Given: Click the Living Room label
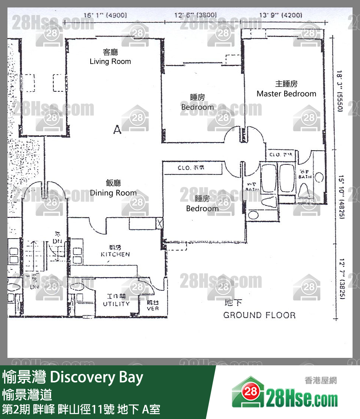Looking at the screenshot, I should coord(110,61).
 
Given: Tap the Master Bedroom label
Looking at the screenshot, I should coord(286,94).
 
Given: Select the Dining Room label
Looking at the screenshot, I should coord(113,193).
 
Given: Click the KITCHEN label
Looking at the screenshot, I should coord(115,254).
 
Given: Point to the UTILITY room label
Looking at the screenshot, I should coord(116,303).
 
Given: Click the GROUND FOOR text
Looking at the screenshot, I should coord(259,315).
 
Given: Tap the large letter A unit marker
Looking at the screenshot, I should coord(118,130).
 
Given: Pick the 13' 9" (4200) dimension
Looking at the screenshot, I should coord(280,15).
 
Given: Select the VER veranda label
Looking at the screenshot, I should coord(153,309).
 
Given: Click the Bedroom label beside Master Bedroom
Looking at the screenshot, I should coord(197,107).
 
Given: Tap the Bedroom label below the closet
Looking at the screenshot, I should coord(202,208).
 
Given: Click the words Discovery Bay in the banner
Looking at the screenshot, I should coord(96,378).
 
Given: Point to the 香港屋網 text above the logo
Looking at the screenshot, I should coord(320,381).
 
